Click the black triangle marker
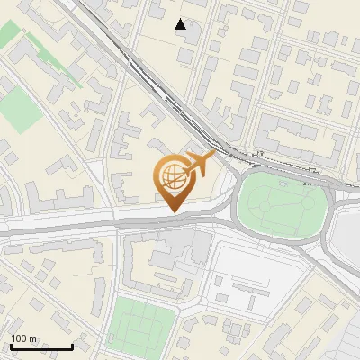[x=181, y=24]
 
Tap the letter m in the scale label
[x=34, y=338]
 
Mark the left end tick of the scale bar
[x=11, y=346]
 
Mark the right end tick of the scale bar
[x=72, y=346]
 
